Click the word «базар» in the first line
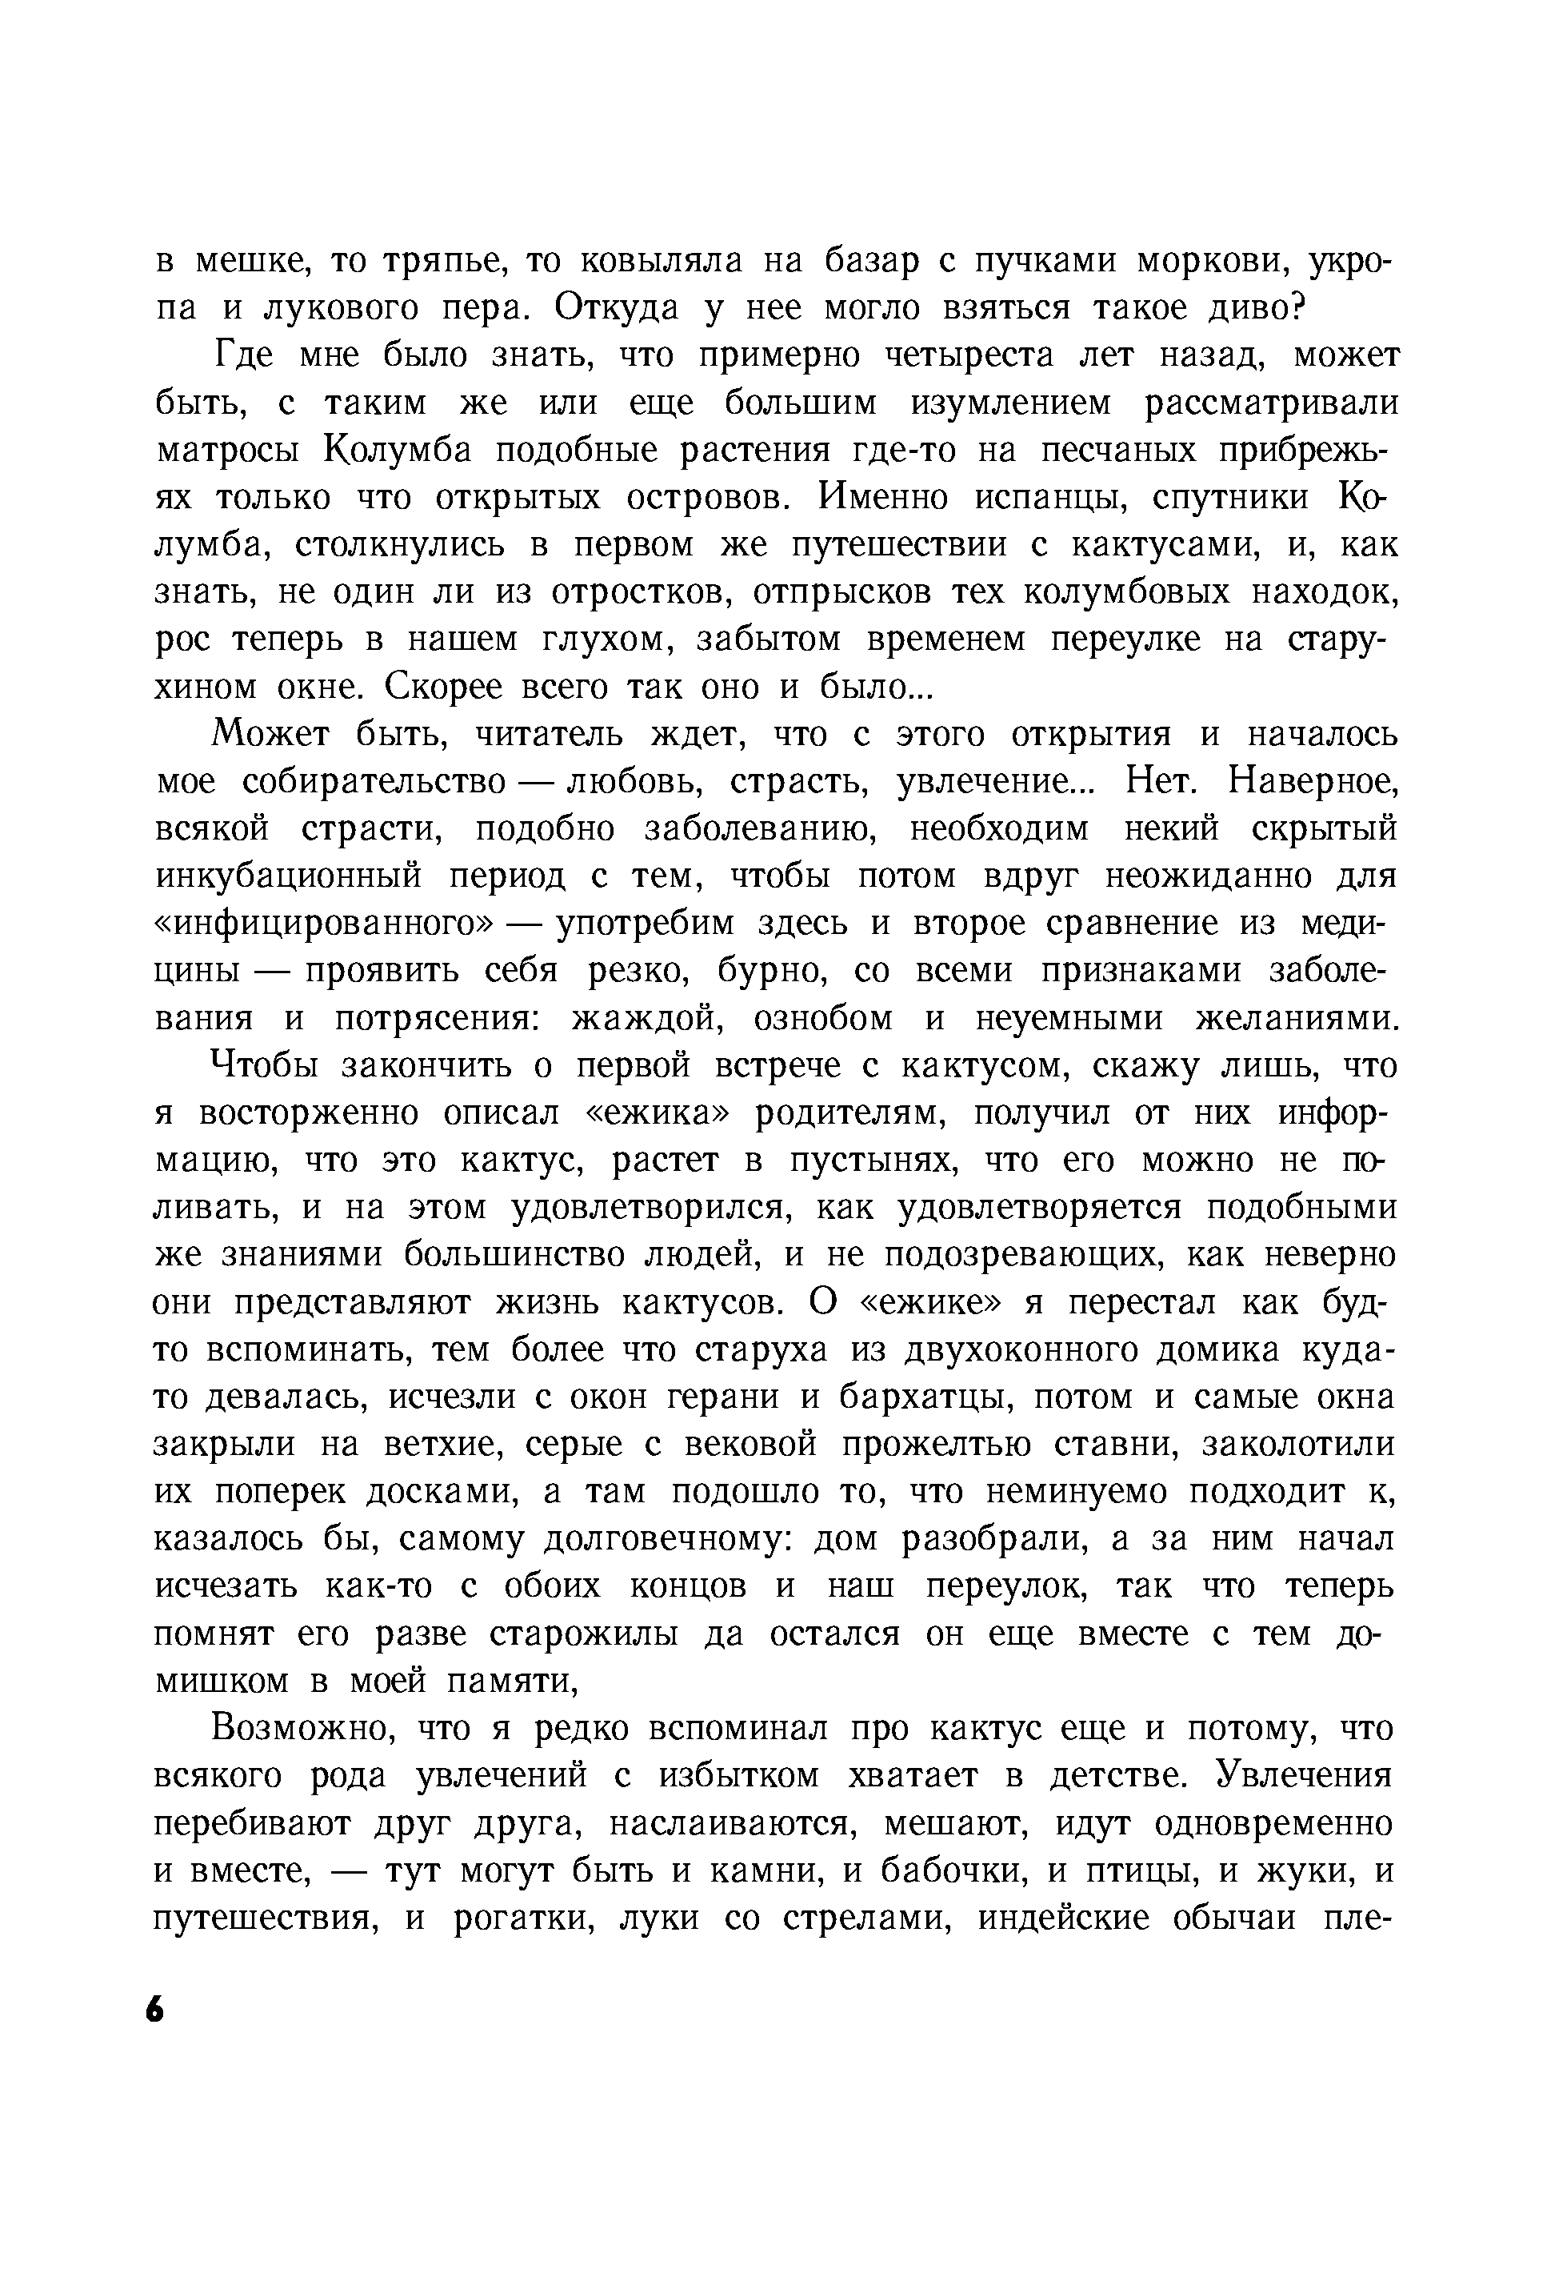click(886, 261)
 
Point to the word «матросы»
click(226, 451)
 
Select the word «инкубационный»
click(289, 876)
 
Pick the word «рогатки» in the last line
click(525, 1918)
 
